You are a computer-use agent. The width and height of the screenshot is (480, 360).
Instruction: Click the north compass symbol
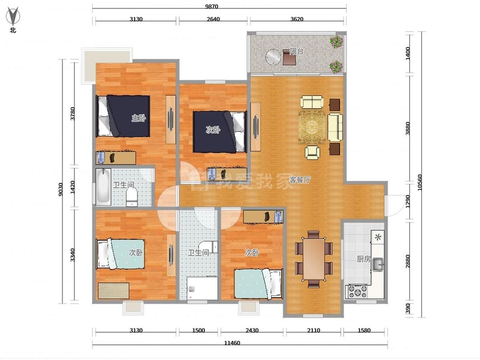[x=13, y=17]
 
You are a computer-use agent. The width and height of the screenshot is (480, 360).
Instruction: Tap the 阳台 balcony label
[x=297, y=51]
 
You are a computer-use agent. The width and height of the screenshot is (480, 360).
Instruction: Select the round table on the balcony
[x=273, y=57]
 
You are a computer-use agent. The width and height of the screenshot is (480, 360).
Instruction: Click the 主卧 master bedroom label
[x=139, y=118]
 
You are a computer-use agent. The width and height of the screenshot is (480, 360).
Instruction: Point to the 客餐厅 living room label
[x=300, y=180]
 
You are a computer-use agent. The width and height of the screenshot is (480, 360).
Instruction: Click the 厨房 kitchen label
[x=364, y=259]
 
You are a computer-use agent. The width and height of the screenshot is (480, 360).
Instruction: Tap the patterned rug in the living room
[x=313, y=127]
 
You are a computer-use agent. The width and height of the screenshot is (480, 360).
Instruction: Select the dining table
[x=314, y=259]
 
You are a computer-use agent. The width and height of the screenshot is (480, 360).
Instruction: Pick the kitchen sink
[x=378, y=265]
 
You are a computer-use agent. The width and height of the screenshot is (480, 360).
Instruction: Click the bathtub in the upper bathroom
[x=103, y=187]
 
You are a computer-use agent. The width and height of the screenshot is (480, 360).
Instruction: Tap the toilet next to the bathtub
[x=132, y=197]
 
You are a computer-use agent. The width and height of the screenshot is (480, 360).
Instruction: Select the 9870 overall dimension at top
[x=212, y=6]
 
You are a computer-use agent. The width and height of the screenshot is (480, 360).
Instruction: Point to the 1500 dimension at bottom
[x=198, y=330]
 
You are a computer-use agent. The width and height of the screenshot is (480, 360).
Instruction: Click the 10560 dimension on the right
[x=419, y=183]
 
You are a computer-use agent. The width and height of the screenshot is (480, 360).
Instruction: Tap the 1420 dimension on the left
[x=73, y=187]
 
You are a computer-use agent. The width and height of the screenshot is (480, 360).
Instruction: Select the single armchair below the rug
[x=312, y=152]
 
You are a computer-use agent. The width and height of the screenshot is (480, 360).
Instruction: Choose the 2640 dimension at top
[x=213, y=19]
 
